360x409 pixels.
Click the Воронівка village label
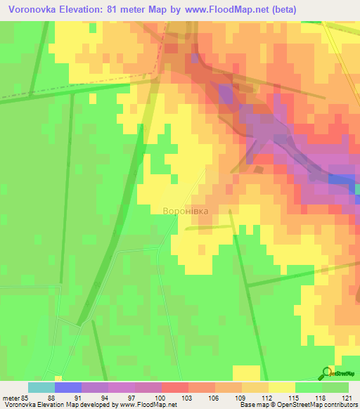pos(185,210)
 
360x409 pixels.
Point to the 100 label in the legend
pos(162,398)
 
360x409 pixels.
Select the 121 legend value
pos(349,398)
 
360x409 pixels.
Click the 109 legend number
pos(242,398)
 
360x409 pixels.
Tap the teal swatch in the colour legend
pos(41,387)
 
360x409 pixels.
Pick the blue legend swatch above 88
pos(67,387)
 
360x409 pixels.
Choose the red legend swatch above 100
pos(174,387)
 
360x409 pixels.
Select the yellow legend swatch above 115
pos(281,387)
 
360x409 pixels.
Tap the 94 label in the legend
pos(108,398)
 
